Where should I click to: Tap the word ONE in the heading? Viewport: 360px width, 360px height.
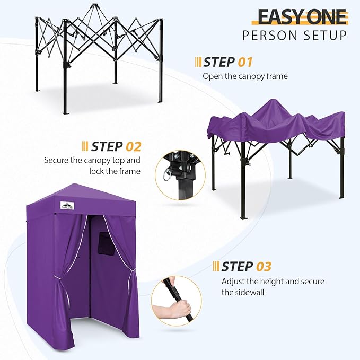tap(325, 17)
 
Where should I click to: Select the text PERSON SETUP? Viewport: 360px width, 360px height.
tap(295, 36)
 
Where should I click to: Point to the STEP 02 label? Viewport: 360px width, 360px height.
tap(116, 146)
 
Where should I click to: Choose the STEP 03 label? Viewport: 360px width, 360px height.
tap(247, 266)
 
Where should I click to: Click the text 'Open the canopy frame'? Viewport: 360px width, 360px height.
tap(245, 76)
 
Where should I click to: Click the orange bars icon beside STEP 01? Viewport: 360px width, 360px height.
tap(198, 63)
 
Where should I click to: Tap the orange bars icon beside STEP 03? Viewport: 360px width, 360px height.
tap(216, 266)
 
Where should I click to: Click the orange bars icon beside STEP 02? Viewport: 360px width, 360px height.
tap(85, 146)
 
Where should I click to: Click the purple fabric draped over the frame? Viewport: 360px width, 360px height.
tap(276, 122)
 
